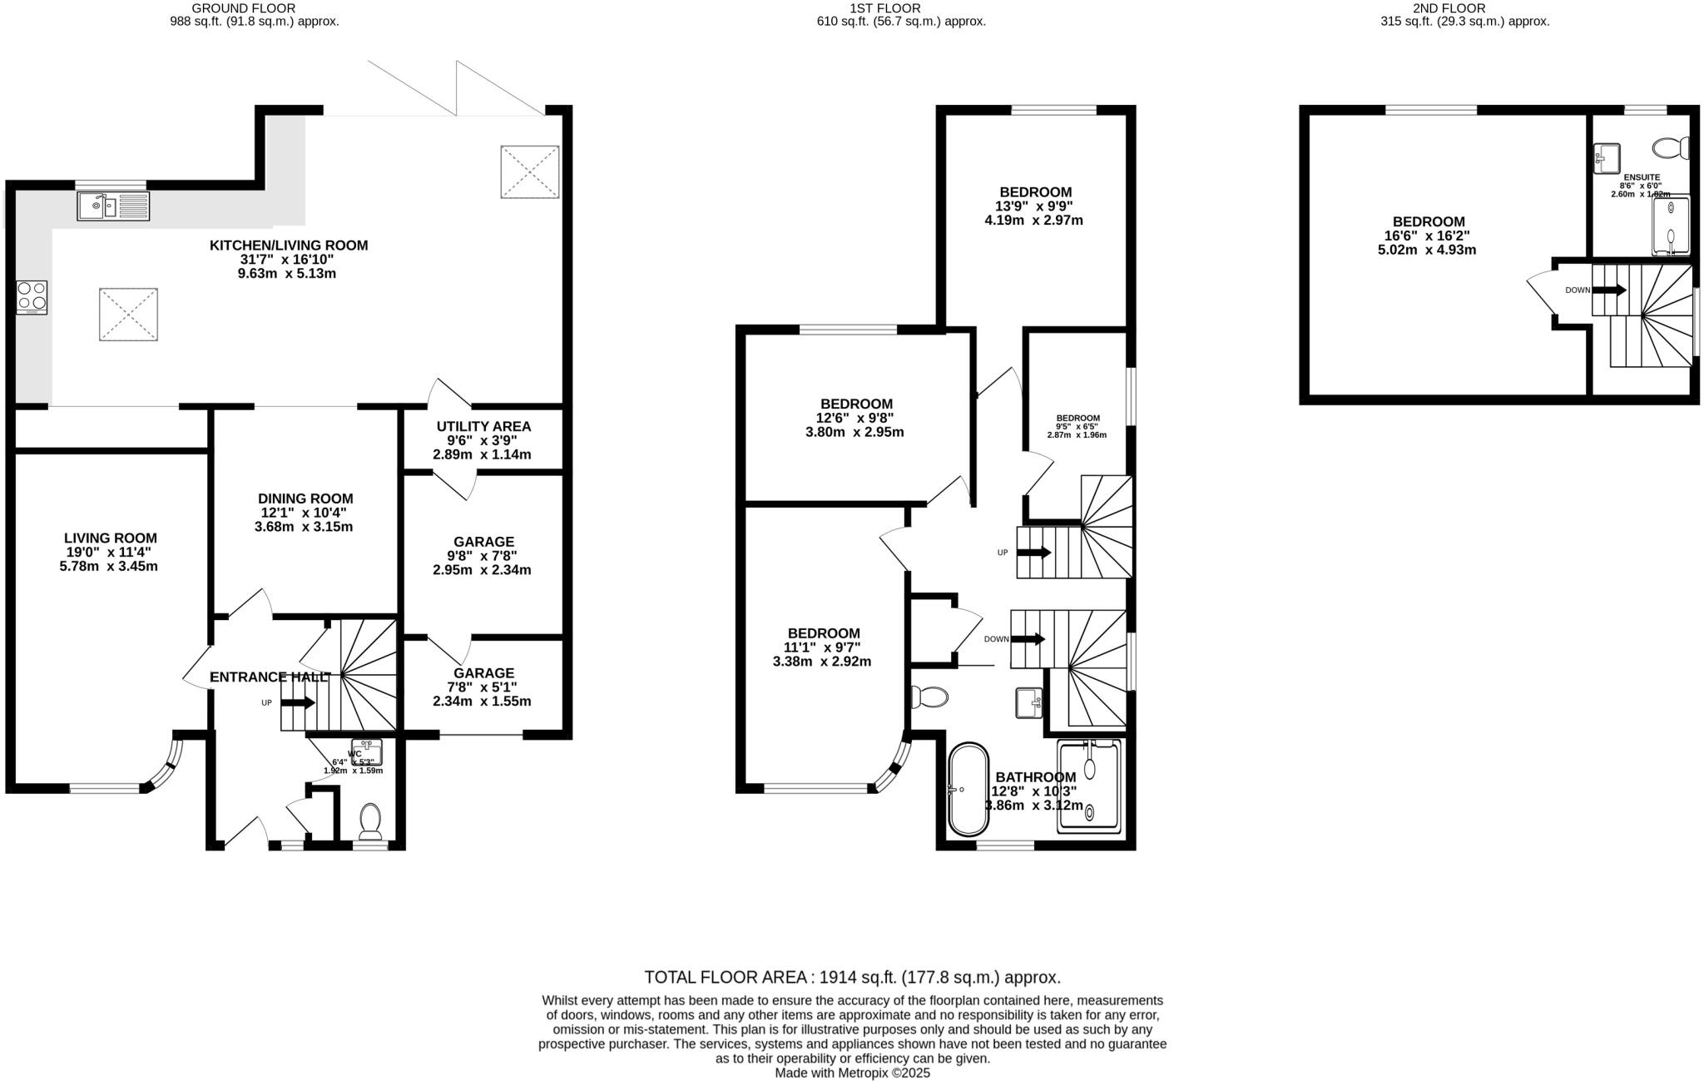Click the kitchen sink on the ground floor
click(113, 206)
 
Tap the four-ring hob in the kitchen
click(32, 297)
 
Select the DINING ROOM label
click(305, 498)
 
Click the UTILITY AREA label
click(483, 426)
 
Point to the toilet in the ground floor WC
click(370, 821)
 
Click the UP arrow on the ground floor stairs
click(298, 703)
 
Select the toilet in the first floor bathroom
click(929, 696)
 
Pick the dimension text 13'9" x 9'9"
click(1035, 206)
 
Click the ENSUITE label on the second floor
click(1641, 177)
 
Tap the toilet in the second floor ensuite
click(1671, 149)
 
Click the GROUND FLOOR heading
click(244, 8)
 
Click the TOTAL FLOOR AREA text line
click(852, 977)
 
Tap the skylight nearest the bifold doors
click(529, 172)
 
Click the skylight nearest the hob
click(128, 314)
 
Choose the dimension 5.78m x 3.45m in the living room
click(111, 567)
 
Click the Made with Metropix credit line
click(852, 1073)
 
